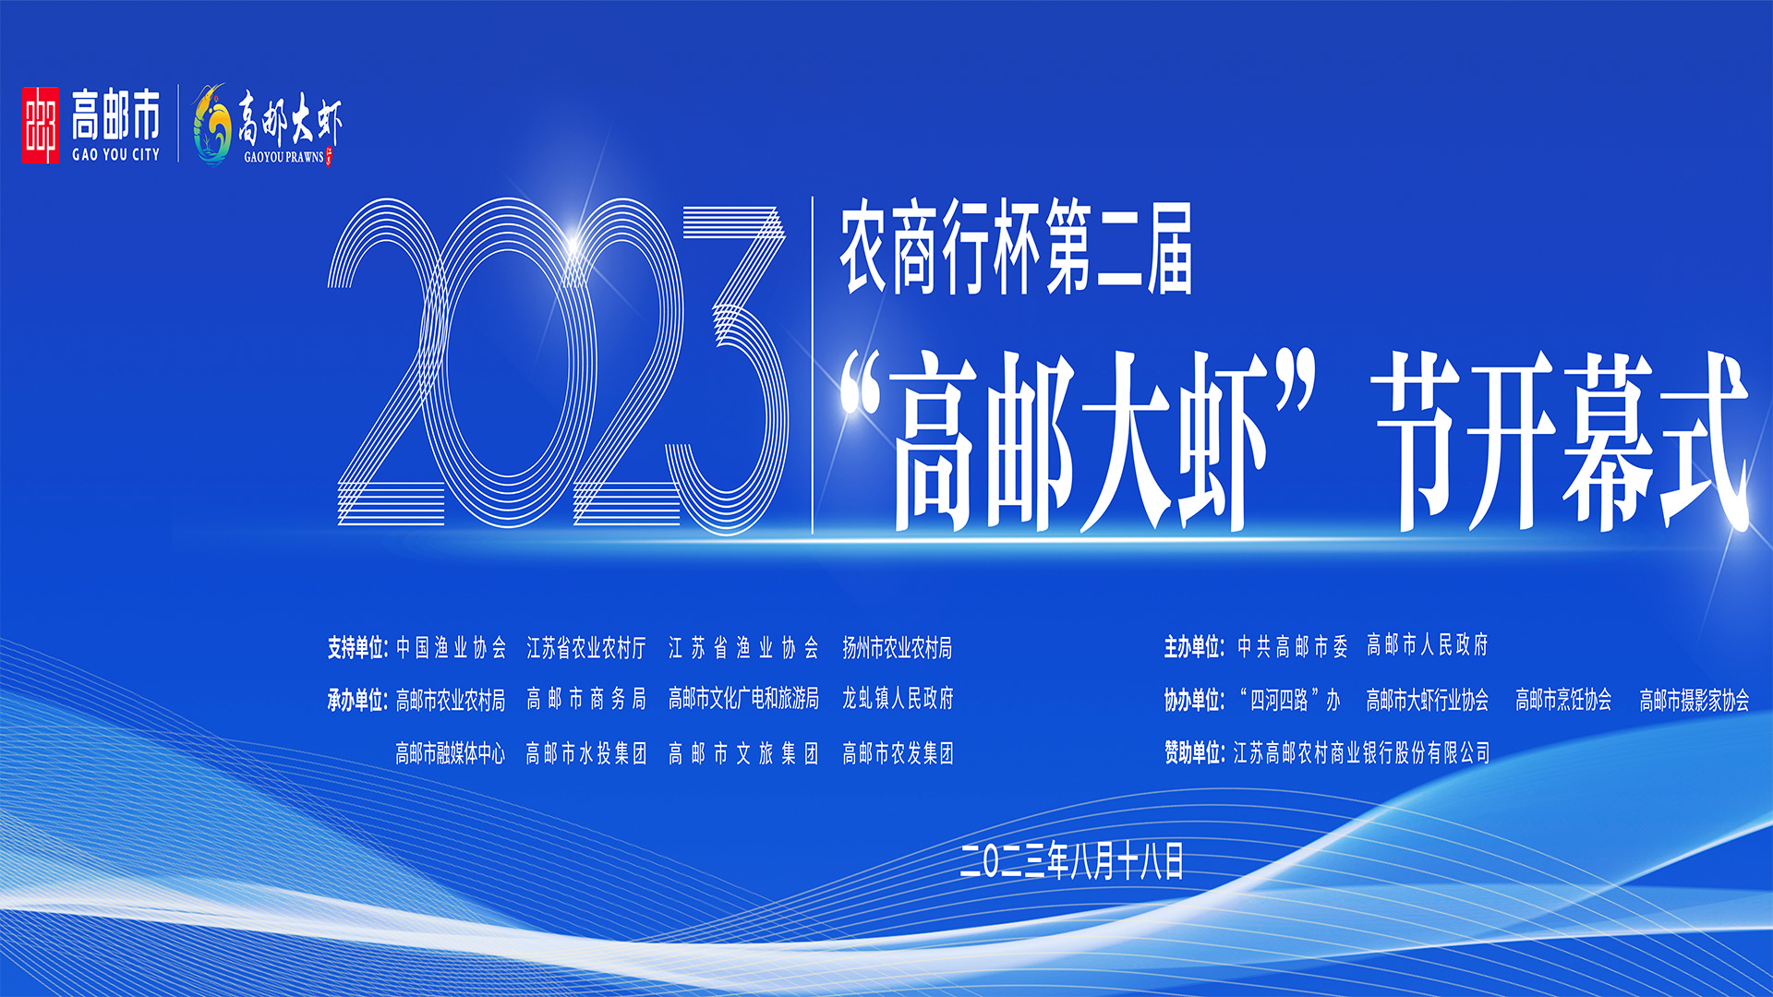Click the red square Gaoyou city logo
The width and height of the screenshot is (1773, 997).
click(x=41, y=126)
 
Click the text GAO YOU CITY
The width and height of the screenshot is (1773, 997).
click(x=116, y=155)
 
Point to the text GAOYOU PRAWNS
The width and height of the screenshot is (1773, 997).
click(x=284, y=157)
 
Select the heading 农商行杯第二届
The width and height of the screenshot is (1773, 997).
click(x=1016, y=249)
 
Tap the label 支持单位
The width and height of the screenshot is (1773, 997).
click(x=357, y=648)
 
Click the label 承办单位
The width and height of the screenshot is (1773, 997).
click(x=357, y=701)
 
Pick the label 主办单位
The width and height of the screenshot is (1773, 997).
click(x=1194, y=646)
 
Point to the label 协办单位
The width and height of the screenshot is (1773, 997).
click(x=1194, y=701)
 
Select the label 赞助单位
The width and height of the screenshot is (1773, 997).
click(x=1194, y=753)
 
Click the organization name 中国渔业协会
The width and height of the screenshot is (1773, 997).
click(x=452, y=648)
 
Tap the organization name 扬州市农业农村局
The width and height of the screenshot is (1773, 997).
click(x=897, y=648)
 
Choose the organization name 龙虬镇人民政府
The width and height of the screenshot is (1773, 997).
click(x=897, y=699)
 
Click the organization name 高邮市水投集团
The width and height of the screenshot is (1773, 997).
click(x=586, y=754)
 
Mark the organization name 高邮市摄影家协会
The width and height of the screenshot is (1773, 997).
click(x=1695, y=701)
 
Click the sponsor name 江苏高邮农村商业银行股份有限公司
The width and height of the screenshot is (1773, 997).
click(x=1362, y=753)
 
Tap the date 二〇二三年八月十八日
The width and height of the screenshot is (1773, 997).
click(x=1071, y=861)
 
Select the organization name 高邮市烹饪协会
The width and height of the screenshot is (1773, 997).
click(x=1563, y=701)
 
